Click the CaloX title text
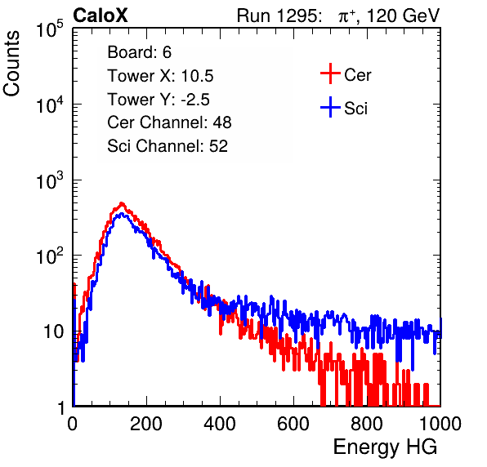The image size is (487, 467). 101,16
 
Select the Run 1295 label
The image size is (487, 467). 279,16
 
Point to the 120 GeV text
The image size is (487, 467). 403,16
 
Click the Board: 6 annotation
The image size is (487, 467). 139,52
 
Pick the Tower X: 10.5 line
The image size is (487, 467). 160,76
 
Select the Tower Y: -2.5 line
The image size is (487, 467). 159,100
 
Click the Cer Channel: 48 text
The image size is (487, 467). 169,122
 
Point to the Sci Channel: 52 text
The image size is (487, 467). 168,146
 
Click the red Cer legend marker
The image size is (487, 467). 330,73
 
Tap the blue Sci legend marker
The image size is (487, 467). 330,107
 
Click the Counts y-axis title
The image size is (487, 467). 11,64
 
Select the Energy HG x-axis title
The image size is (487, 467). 385,447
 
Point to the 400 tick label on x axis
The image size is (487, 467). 220,424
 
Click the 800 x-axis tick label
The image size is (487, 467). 367,424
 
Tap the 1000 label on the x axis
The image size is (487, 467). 440,424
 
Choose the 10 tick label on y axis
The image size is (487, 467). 54,331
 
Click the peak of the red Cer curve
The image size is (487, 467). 122,203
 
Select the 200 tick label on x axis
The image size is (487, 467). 146,424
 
